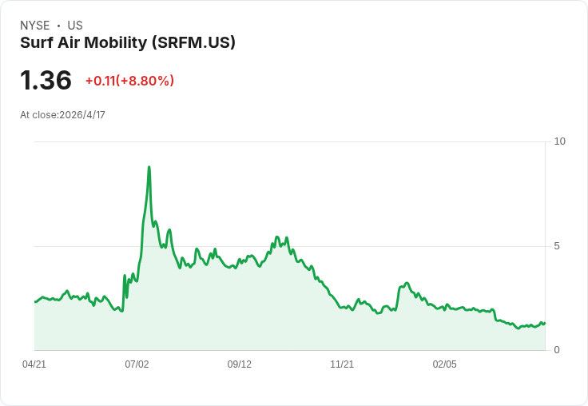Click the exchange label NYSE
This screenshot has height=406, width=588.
tap(35, 26)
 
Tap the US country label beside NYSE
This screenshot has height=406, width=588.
tap(75, 26)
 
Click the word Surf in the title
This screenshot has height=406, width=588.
tap(37, 42)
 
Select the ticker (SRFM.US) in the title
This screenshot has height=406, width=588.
tap(193, 43)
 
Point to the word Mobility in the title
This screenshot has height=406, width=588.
tap(116, 43)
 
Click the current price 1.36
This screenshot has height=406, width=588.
tap(46, 80)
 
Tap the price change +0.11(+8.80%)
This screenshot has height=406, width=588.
tap(129, 81)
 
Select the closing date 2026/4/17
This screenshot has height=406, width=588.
tap(82, 115)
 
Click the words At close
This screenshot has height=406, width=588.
tap(38, 115)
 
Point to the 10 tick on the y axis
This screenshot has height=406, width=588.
tap(559, 141)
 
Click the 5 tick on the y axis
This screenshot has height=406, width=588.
tap(557, 246)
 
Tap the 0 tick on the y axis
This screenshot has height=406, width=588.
tap(557, 350)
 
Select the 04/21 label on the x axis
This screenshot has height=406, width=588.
tap(34, 364)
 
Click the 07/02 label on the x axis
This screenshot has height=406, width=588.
tap(137, 364)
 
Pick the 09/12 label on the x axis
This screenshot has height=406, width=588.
tap(239, 364)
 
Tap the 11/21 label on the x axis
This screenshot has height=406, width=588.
tap(342, 364)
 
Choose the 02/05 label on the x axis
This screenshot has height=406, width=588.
tap(445, 364)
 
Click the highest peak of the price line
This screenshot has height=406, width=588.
tap(149, 167)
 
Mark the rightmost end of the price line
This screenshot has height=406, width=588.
tap(545, 323)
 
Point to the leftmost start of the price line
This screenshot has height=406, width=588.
tap(35, 301)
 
